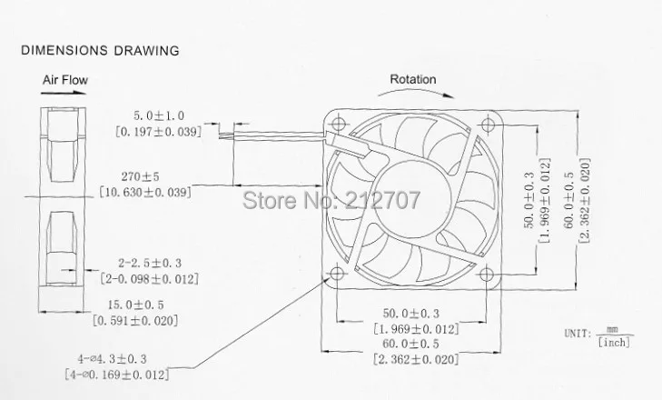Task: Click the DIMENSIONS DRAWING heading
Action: (x=100, y=50)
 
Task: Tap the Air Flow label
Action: (x=65, y=80)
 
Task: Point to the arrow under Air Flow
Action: (x=64, y=93)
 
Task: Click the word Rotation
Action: (x=413, y=79)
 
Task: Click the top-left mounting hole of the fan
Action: (x=338, y=124)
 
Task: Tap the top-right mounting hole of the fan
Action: (x=488, y=125)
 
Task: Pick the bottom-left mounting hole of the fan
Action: (x=337, y=274)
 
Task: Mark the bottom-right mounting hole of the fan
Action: (x=487, y=275)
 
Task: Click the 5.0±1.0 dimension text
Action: (x=159, y=115)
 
